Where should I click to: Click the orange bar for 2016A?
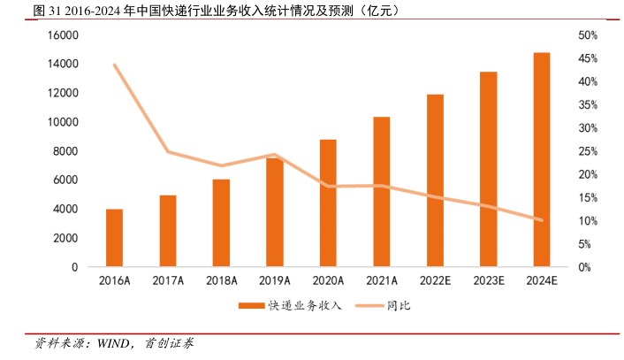pyautogui.click(x=114, y=238)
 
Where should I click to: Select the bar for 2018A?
pyautogui.click(x=221, y=223)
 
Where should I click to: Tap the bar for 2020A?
pyautogui.click(x=327, y=203)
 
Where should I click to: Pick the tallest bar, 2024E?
pyautogui.click(x=541, y=159)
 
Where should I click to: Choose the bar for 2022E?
pyautogui.click(x=434, y=180)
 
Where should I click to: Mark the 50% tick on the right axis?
pyautogui.click(x=565, y=35)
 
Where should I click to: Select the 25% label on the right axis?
pyautogui.click(x=565, y=151)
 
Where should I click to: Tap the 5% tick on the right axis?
pyautogui.click(x=562, y=244)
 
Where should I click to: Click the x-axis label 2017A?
pyautogui.click(x=167, y=281)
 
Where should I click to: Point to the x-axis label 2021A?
pyautogui.click(x=381, y=281)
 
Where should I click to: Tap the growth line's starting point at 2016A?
pyautogui.click(x=114, y=65)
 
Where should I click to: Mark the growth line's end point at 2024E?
pyautogui.click(x=541, y=219)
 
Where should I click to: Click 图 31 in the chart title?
pyautogui.click(x=21, y=11)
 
